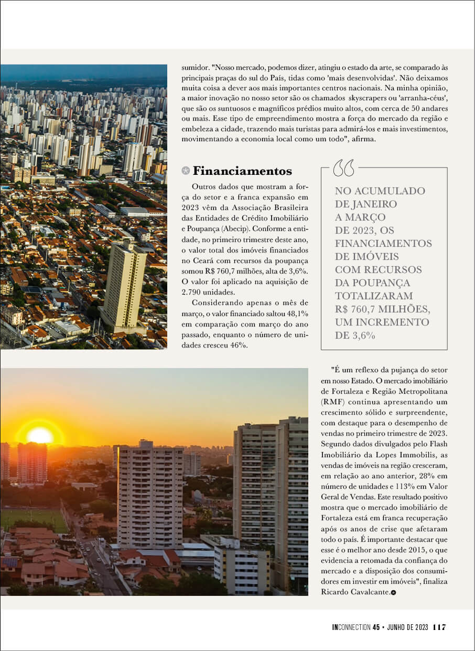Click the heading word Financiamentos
coord(242,171)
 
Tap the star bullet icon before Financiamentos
coord(185,171)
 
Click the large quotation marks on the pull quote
coord(344,168)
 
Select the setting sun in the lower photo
coord(40,435)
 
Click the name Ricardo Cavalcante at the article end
coord(355,592)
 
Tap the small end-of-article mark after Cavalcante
coord(393,593)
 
